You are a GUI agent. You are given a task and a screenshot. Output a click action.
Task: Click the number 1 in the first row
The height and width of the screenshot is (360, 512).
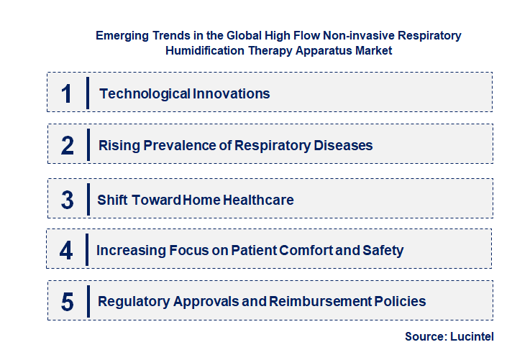pyautogui.click(x=67, y=93)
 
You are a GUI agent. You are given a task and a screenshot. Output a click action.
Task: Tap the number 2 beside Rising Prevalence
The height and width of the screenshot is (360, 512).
pyautogui.click(x=68, y=146)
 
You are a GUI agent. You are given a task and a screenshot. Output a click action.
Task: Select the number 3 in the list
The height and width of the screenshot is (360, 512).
pyautogui.click(x=68, y=200)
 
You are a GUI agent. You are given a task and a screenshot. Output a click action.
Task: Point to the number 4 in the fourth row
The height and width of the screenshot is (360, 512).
pyautogui.click(x=67, y=251)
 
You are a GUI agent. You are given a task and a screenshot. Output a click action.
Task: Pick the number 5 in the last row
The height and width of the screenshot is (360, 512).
pyautogui.click(x=68, y=302)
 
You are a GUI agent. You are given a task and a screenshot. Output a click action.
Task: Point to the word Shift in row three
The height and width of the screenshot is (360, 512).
pyautogui.click(x=113, y=200)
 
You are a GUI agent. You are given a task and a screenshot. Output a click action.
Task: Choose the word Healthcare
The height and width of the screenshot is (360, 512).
pyautogui.click(x=257, y=200)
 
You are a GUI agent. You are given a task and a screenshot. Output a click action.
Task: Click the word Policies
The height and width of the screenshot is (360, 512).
pyautogui.click(x=401, y=302)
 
